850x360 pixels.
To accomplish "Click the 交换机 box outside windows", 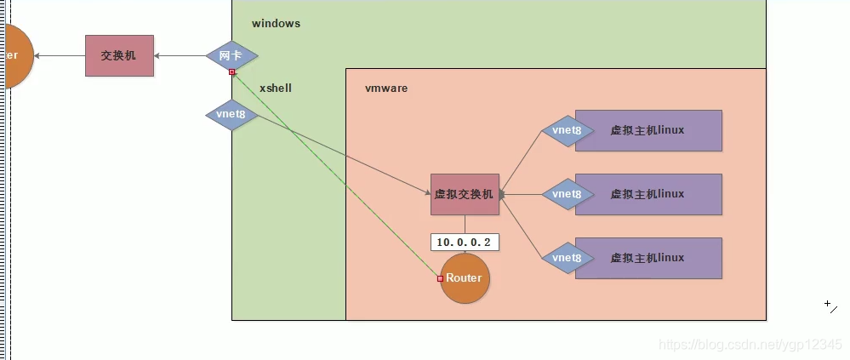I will click(119, 55).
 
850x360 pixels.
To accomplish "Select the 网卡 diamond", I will click(231, 55).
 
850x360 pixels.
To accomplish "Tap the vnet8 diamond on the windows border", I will click(231, 113).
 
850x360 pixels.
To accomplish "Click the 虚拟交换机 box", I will click(465, 194).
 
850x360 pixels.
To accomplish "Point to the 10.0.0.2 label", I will click(464, 243).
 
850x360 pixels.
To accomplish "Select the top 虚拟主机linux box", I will click(648, 130).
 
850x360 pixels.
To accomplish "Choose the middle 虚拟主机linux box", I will click(648, 194).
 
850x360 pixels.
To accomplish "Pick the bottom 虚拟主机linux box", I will click(648, 258).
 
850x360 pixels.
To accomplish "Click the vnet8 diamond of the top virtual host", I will click(566, 130).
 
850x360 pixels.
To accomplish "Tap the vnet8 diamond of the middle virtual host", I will click(566, 194).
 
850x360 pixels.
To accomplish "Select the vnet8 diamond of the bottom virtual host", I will click(566, 258).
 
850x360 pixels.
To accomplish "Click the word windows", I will click(276, 24).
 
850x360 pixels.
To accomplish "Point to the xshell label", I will click(276, 88).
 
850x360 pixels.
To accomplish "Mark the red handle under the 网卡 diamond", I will click(231, 72).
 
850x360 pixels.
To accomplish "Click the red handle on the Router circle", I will click(440, 278).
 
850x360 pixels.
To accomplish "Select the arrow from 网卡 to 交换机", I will click(180, 56).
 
